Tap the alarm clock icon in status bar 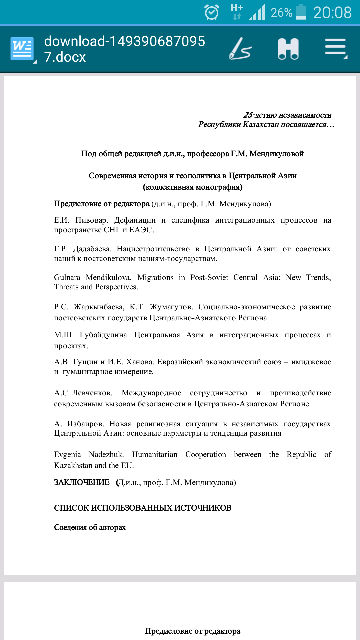coord(211,13)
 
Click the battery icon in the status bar coord(301,12)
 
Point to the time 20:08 coord(332,13)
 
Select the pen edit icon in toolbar coord(240,49)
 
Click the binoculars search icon coord(288,49)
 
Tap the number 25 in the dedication coord(248,115)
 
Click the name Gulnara coord(67,278)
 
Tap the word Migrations coord(155,278)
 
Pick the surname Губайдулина coord(104,335)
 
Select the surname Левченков coord(92,393)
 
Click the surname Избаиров coord(85,424)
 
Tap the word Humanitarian coord(155,455)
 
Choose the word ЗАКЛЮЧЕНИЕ coord(82,482)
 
